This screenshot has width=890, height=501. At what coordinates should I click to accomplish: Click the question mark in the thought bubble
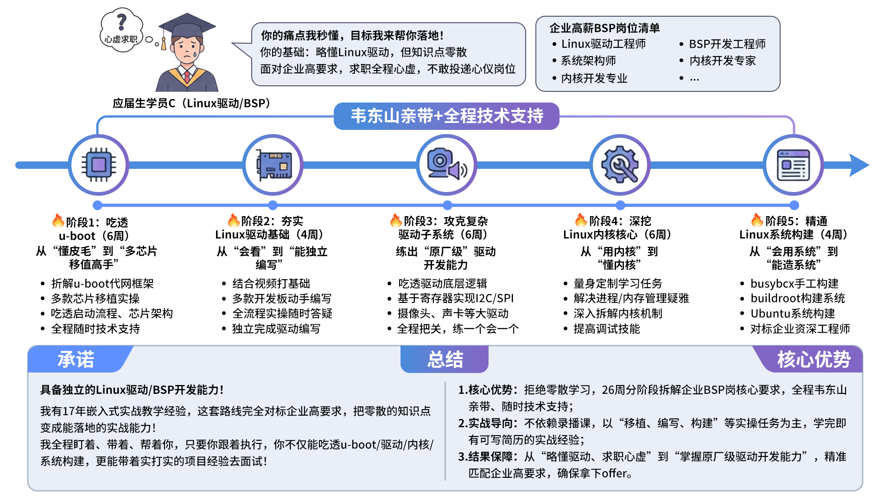click(121, 21)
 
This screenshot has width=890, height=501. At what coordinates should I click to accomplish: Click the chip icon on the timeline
click(98, 165)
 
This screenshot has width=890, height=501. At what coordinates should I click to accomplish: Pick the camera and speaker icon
click(446, 165)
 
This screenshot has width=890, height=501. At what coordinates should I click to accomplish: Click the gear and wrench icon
click(620, 165)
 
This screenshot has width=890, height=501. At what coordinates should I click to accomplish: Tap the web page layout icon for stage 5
click(793, 165)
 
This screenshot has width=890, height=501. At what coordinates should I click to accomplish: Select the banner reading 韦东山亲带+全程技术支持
click(446, 116)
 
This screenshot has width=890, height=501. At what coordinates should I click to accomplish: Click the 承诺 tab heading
click(76, 360)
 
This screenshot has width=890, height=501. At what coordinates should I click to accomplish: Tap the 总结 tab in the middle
click(445, 360)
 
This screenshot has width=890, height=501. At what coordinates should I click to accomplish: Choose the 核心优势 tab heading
click(814, 360)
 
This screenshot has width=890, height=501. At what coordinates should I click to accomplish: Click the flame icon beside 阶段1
click(58, 220)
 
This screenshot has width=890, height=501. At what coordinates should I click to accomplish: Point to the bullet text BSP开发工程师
click(727, 44)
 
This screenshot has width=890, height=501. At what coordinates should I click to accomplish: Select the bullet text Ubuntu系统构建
click(793, 314)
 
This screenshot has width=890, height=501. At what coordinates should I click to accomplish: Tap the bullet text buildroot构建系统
click(798, 298)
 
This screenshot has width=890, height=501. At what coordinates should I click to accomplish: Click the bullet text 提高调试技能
click(606, 329)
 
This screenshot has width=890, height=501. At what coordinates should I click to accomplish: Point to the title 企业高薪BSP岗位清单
click(604, 28)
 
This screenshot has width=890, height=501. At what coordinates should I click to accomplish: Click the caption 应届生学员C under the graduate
click(191, 103)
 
